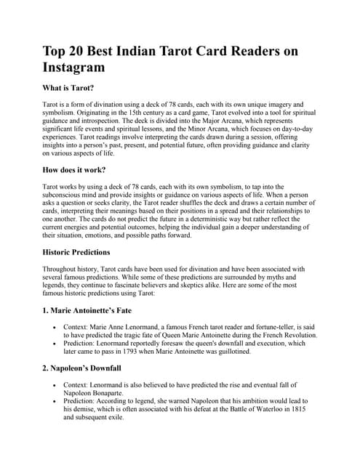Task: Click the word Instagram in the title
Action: point(74,67)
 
